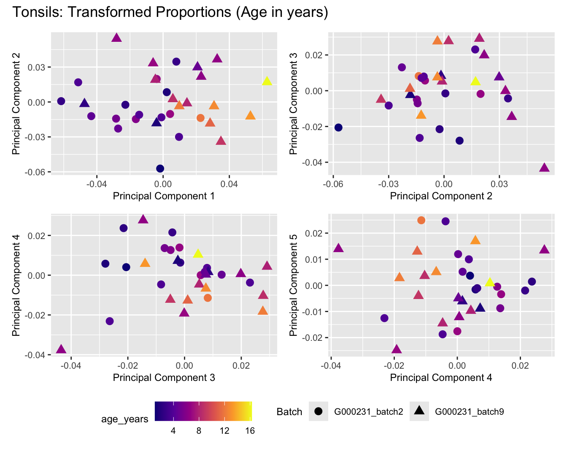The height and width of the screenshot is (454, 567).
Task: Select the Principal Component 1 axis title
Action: point(164,196)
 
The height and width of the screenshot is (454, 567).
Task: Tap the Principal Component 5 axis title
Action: point(294,285)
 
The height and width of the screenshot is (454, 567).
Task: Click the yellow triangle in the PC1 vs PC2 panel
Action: point(267,81)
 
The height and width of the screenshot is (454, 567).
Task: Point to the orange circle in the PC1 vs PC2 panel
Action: point(200,118)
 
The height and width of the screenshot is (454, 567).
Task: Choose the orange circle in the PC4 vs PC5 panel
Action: point(421,220)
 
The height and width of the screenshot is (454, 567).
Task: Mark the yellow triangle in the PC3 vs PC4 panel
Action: point(198,254)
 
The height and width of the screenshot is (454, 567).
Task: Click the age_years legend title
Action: point(125,419)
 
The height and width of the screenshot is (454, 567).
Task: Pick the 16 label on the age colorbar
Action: point(250,431)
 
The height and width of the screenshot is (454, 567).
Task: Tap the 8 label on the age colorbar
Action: point(199,431)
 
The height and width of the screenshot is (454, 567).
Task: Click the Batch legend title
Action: point(289,412)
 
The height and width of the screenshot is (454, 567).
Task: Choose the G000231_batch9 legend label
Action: point(469,412)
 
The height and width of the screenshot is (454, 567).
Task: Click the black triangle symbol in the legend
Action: point(419,411)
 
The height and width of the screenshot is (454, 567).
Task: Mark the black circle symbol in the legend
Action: point(319,411)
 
